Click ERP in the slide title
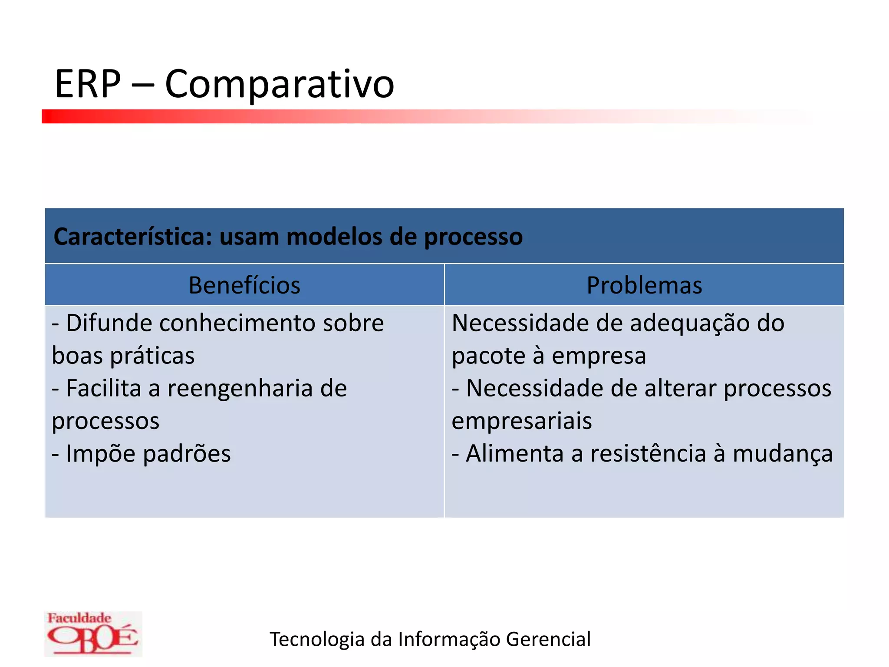point(88,84)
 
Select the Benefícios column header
point(244,285)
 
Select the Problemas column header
point(644,285)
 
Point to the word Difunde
point(109,324)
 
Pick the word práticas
point(152,357)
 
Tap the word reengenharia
point(240,389)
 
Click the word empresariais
point(521,422)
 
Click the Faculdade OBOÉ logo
point(93,634)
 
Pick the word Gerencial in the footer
point(548,640)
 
